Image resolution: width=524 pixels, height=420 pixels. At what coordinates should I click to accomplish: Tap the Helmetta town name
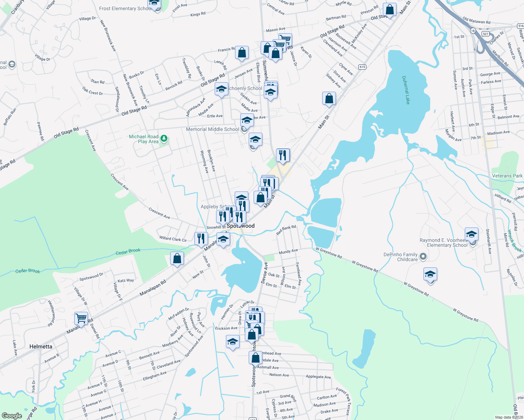[41, 346]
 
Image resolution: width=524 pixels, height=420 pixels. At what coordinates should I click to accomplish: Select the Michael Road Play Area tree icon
[164, 139]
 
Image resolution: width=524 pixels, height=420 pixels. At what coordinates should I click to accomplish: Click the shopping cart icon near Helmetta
[81, 319]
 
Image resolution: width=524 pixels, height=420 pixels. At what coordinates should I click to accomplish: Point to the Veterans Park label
[507, 176]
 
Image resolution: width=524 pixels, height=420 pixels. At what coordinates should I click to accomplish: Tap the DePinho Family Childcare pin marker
[423, 257]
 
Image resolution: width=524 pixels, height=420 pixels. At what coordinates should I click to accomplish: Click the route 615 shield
[362, 67]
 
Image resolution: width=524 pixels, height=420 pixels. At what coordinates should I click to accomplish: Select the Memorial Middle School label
[212, 129]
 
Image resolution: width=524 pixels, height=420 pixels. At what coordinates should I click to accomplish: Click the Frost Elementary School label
[124, 8]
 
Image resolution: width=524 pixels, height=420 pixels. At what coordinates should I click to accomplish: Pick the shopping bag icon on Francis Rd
[242, 53]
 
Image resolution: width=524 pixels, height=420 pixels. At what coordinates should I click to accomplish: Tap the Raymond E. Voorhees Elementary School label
[444, 243]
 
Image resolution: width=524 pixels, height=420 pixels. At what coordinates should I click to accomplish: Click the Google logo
[12, 415]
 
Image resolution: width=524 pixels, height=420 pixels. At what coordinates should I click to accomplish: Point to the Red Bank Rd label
[286, 230]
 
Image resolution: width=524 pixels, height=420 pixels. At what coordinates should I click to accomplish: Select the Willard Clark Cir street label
[173, 239]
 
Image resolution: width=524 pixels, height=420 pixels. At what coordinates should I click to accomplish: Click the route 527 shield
[485, 34]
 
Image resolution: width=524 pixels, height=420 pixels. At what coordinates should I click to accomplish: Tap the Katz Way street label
[126, 280]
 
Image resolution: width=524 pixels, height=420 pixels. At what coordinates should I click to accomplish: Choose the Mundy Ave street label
[288, 251]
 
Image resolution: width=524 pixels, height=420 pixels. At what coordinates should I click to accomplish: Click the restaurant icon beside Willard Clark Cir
[201, 239]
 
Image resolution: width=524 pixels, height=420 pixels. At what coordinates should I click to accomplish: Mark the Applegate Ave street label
[318, 377]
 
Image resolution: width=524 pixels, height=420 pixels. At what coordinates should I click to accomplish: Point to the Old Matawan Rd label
[476, 21]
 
